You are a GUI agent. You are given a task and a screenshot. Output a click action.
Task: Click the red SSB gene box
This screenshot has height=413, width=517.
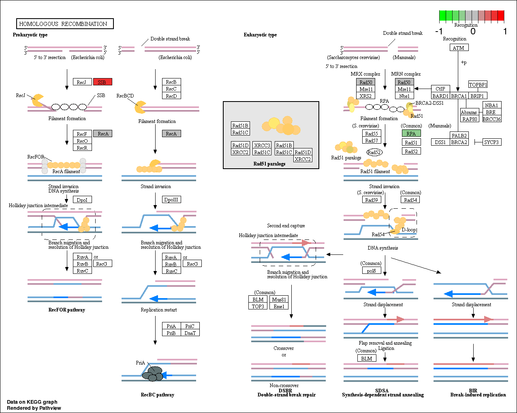point(103,82)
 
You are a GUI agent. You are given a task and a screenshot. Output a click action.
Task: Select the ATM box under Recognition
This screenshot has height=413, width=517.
point(459,48)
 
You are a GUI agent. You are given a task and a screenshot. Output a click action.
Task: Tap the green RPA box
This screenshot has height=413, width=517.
point(411,133)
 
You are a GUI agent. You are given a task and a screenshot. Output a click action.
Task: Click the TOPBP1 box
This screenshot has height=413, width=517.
point(478,85)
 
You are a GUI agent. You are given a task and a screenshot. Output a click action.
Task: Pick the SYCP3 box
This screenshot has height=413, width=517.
point(491,142)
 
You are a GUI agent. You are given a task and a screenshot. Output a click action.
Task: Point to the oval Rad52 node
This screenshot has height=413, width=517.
point(374,152)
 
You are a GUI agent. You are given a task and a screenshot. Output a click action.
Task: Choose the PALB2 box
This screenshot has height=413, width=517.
point(459,136)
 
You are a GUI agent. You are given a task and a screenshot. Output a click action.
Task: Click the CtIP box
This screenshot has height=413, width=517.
point(440,89)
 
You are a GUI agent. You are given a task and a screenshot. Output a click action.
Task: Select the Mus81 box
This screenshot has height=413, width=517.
point(279,299)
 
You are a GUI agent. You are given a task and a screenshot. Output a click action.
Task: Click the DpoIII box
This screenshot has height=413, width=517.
point(171,199)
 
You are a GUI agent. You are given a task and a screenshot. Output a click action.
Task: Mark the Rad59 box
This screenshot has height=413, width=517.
point(372,199)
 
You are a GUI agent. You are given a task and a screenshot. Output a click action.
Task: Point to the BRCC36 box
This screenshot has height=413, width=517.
point(492,119)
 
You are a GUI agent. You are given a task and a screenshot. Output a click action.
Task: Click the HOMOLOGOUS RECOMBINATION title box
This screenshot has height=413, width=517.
point(65,24)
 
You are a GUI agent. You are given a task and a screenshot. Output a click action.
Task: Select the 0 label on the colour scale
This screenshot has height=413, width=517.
point(473,31)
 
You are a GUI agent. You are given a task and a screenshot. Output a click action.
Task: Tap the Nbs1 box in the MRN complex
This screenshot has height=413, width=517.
point(404,96)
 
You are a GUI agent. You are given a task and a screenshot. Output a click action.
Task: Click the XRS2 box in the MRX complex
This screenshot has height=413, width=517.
point(365,96)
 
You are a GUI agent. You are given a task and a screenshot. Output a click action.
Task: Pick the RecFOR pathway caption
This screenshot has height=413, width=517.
point(67,310)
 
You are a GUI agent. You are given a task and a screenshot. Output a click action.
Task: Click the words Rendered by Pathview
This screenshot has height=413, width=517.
point(34,408)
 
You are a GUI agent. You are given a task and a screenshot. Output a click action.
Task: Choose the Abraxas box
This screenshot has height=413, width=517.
point(469,112)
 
